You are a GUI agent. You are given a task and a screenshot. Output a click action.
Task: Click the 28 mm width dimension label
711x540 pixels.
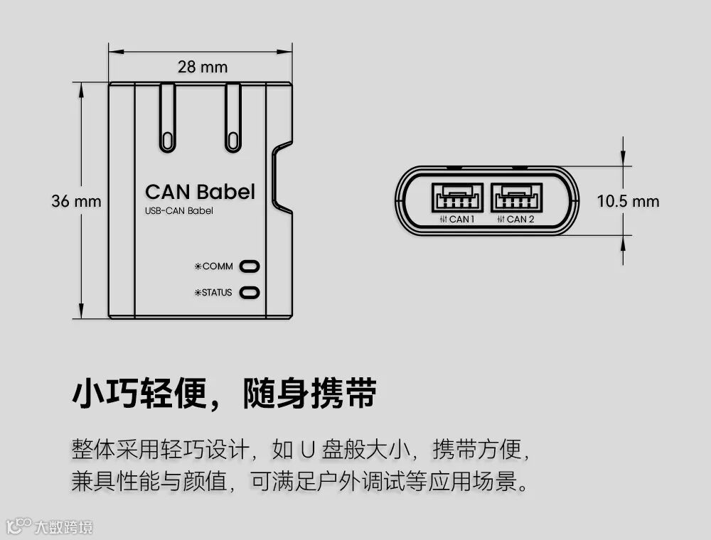coord(203,67)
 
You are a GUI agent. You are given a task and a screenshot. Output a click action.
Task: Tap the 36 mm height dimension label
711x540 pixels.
coord(76,201)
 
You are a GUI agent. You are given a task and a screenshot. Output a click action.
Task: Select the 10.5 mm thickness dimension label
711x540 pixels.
coord(628,201)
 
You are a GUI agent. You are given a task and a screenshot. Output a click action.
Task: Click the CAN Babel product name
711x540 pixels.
coord(200,192)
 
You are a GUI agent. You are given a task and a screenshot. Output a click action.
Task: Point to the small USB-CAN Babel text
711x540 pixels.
coord(178,211)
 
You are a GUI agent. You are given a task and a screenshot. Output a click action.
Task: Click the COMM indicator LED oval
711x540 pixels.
coord(250,266)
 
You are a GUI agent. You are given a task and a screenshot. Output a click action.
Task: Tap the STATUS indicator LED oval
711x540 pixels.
coord(250,292)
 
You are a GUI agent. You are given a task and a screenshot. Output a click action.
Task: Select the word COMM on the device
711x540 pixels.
coord(218,266)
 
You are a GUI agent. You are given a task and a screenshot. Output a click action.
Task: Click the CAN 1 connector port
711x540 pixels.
coord(456,197)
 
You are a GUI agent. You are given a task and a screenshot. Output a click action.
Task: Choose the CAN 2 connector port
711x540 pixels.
coord(516,197)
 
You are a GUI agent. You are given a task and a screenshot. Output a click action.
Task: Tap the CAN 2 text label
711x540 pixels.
coord(519,219)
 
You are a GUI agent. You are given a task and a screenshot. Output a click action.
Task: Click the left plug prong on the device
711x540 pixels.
coord(167,117)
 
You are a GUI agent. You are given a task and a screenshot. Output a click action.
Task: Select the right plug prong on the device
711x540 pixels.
coord(233,117)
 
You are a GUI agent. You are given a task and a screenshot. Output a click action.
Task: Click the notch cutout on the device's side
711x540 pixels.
coord(282,178)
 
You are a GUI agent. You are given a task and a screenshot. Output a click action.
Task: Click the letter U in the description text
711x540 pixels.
coord(307,450)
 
